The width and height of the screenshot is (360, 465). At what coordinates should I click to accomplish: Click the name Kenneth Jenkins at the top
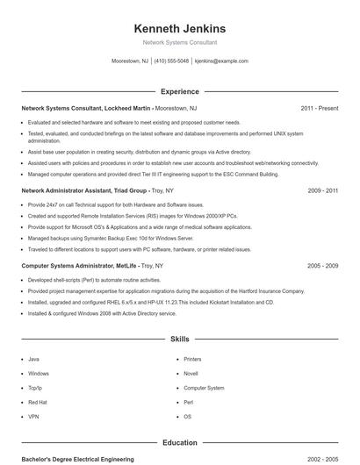pyautogui.click(x=179, y=28)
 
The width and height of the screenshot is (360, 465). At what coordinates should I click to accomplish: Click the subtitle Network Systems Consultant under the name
pyautogui.click(x=179, y=42)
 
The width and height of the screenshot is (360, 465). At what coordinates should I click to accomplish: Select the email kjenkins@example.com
pyautogui.click(x=221, y=61)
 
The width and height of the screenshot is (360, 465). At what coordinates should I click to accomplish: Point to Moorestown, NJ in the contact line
pyautogui.click(x=130, y=61)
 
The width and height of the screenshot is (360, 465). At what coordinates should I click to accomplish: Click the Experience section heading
pyautogui.click(x=179, y=91)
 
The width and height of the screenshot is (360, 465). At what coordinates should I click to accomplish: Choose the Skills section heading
pyautogui.click(x=179, y=338)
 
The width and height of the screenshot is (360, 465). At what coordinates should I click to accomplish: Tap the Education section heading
pyautogui.click(x=179, y=443)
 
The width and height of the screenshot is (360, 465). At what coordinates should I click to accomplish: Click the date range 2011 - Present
pyautogui.click(x=319, y=108)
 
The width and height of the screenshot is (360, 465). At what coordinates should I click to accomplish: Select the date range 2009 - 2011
pyautogui.click(x=322, y=190)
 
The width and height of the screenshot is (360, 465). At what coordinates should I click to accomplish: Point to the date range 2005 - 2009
pyautogui.click(x=322, y=265)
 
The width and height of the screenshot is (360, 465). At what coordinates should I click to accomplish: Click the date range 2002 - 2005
pyautogui.click(x=322, y=459)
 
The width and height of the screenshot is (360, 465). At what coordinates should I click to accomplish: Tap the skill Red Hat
pyautogui.click(x=37, y=402)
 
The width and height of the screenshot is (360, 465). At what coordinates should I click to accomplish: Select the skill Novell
pyautogui.click(x=191, y=373)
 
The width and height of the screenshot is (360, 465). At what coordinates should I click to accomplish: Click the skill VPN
pyautogui.click(x=33, y=416)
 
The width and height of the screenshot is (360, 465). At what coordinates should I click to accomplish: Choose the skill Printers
pyautogui.click(x=192, y=359)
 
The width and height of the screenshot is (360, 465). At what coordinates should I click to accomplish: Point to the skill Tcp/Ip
pyautogui.click(x=35, y=388)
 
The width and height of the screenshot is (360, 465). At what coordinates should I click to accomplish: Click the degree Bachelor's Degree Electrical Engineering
pyautogui.click(x=77, y=459)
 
